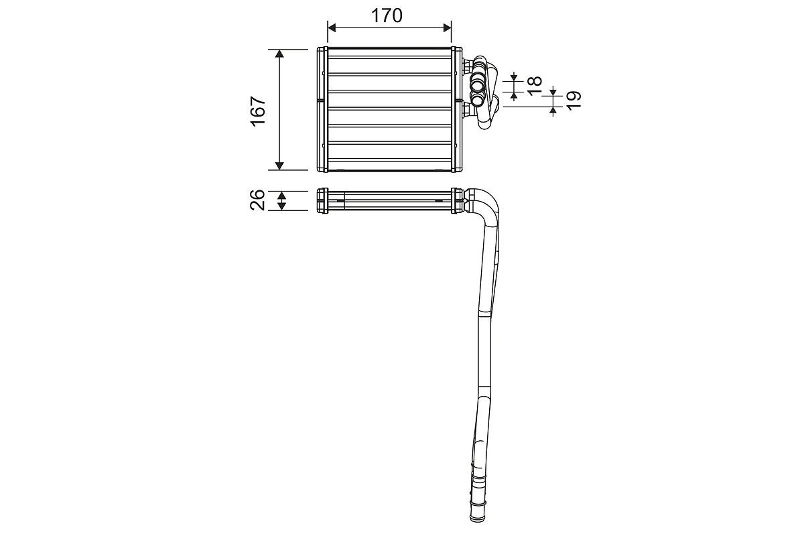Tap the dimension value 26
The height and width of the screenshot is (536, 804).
[259, 200]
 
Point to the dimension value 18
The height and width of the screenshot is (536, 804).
[533, 86]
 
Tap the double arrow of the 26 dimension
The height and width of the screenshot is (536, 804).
[282, 200]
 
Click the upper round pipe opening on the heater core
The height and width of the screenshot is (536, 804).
[478, 85]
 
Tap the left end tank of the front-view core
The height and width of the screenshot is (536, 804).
[322, 109]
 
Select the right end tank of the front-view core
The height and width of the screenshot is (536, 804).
[457, 109]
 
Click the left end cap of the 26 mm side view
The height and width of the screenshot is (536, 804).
[322, 200]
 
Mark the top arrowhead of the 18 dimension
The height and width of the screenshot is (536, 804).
[514, 78]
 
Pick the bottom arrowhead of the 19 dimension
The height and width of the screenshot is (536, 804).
[553, 111]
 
